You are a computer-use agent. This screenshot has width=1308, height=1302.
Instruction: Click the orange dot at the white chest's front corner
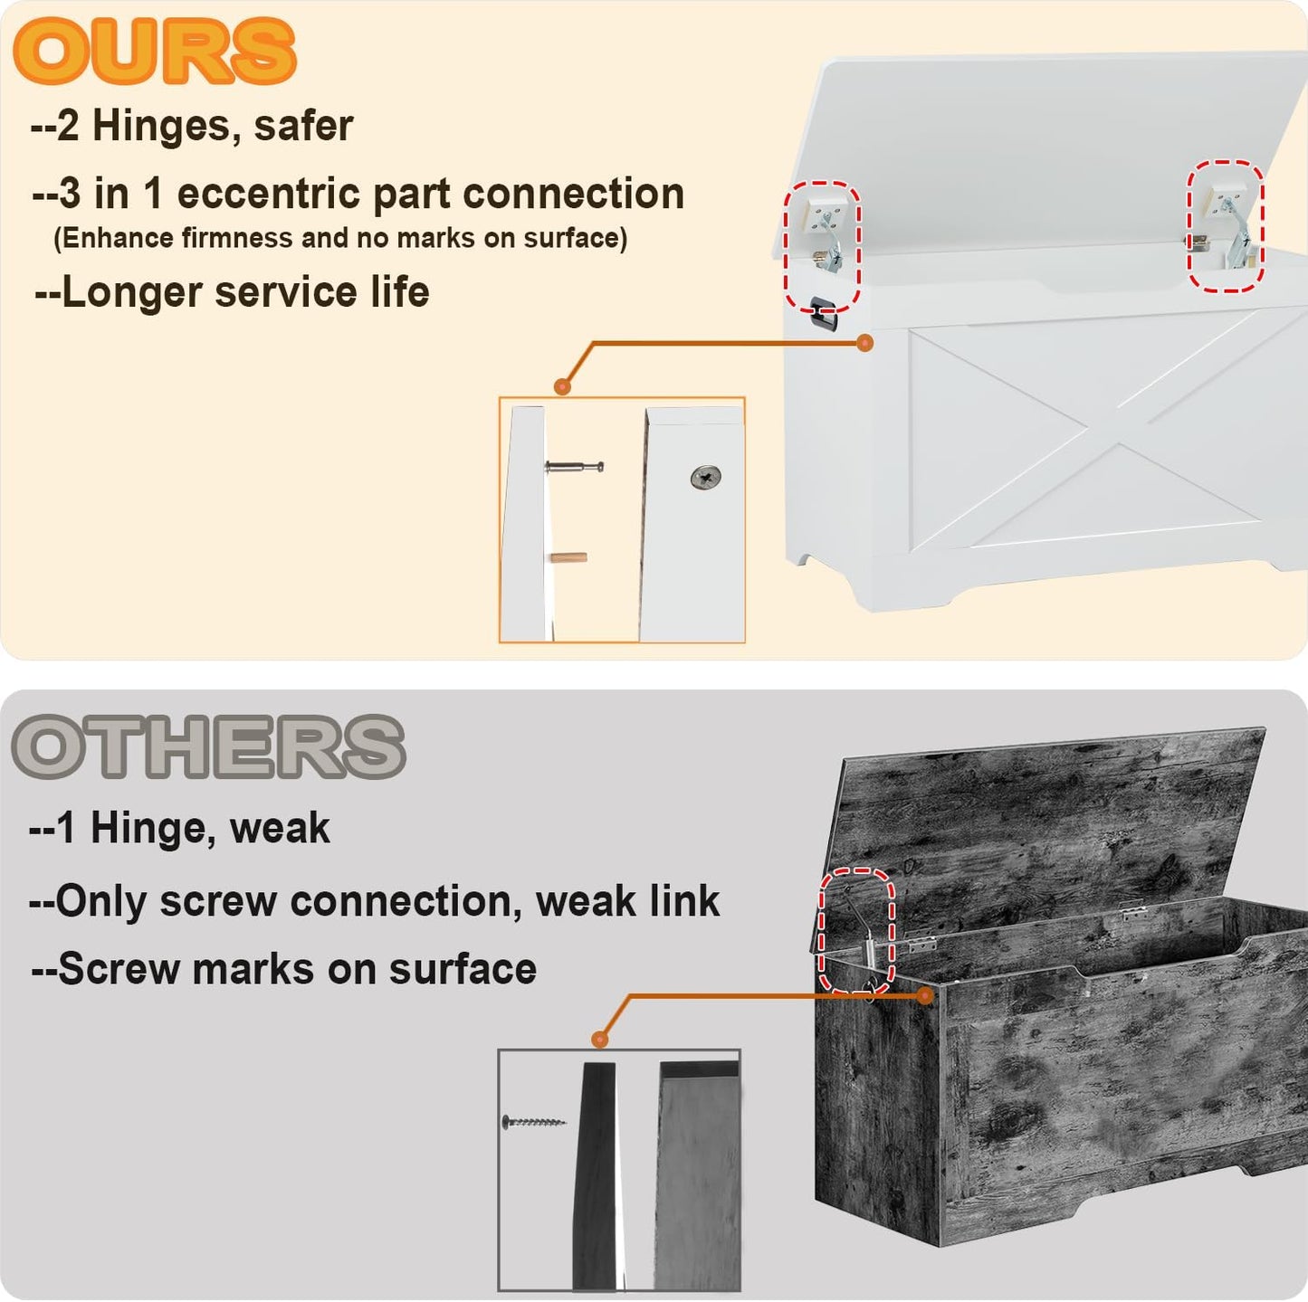(864, 343)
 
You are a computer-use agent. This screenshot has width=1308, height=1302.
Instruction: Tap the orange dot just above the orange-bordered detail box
(562, 386)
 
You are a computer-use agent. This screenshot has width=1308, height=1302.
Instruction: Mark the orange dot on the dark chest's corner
(924, 995)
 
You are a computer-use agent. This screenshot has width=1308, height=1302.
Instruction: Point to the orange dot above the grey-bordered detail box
(599, 1039)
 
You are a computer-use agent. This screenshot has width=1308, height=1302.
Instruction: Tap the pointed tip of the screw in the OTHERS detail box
(565, 1123)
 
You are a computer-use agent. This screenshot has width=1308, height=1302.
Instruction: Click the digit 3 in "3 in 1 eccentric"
(70, 194)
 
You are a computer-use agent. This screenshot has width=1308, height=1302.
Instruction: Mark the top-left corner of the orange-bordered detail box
(500, 397)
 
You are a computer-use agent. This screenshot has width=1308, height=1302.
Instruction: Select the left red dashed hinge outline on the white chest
(823, 247)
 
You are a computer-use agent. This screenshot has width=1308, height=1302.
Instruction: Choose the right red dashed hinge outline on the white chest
(1226, 226)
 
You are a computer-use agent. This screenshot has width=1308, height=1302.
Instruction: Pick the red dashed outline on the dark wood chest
(856, 931)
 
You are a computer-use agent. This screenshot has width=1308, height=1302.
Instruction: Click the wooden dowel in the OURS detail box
(568, 558)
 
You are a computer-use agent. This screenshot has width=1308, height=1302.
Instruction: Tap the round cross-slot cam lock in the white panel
(706, 477)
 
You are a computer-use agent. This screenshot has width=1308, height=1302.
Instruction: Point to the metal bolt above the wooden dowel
(574, 467)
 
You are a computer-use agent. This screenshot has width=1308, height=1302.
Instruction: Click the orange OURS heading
(154, 52)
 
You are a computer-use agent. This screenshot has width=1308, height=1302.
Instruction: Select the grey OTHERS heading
(208, 746)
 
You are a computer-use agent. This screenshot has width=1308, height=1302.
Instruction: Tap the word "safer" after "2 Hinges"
(303, 126)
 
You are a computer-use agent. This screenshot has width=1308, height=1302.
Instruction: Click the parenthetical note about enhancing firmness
(340, 238)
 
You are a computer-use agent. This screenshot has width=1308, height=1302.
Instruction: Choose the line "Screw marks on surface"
(283, 968)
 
